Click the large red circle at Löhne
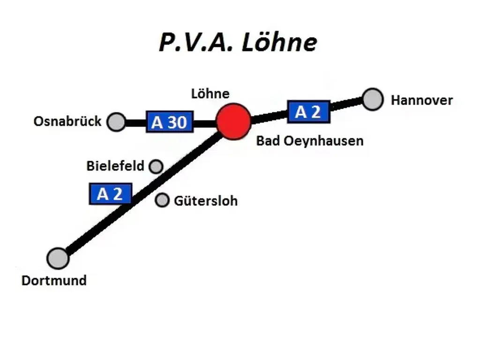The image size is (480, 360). point(234,121)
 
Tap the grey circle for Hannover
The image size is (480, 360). point(373,99)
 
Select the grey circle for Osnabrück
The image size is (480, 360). point(116,122)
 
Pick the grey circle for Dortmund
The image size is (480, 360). point(58,258)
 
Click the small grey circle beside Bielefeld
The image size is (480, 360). point(156,166)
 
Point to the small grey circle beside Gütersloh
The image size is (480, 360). point(162,200)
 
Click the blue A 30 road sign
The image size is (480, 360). point(169,122)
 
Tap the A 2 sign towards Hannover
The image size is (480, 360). point(308,112)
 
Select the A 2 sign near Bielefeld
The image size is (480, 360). point(110,194)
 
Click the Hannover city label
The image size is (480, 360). point(422,100)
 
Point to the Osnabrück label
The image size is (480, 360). point(67,121)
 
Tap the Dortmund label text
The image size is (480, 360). point(54,280)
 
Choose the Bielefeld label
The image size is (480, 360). point(115,166)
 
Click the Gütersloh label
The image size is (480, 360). point(206,201)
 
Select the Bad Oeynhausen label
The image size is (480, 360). point(309,141)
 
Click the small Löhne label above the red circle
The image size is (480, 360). point(210,93)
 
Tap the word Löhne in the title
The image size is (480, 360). point(279,43)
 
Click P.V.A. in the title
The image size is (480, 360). point(197,43)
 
